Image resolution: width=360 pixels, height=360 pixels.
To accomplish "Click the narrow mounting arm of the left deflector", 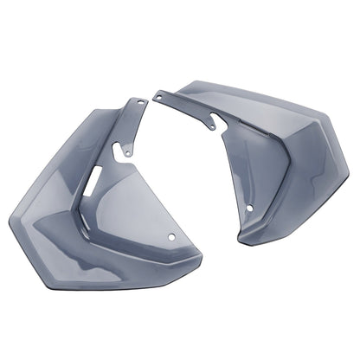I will (x=130, y=130).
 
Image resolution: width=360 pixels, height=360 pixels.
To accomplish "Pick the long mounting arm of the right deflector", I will (x=186, y=105).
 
